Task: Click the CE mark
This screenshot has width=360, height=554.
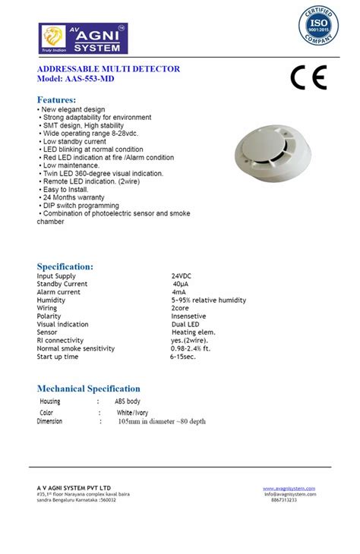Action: [308, 78]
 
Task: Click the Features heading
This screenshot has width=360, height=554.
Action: [57, 100]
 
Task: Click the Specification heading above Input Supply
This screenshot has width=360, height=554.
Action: [65, 266]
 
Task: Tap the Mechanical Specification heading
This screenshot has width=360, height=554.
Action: [89, 389]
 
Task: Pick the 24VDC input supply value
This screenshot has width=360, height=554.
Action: [182, 276]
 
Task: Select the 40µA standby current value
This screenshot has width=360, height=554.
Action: [180, 284]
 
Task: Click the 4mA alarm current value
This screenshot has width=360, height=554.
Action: [179, 292]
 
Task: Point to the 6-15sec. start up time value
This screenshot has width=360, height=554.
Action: [182, 357]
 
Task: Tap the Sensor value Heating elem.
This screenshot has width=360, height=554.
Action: [194, 332]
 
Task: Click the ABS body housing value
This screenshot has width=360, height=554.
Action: [128, 401]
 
